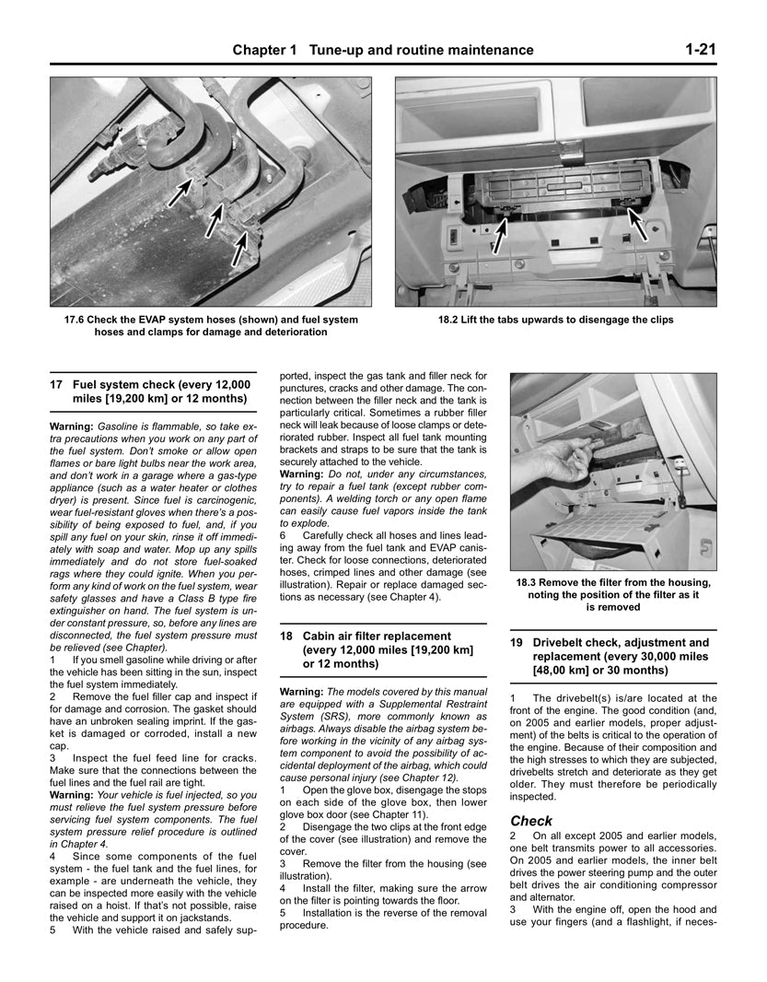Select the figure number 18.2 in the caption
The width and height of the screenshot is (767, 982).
[x=451, y=320]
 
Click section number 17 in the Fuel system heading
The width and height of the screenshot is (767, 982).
[x=57, y=383]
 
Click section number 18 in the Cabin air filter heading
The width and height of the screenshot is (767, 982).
[x=285, y=636]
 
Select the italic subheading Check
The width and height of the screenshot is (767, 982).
[x=531, y=821]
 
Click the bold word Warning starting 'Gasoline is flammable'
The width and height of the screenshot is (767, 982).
[x=72, y=427]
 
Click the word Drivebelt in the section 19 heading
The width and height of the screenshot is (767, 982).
[x=564, y=642]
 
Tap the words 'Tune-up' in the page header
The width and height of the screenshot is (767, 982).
[x=340, y=50]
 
